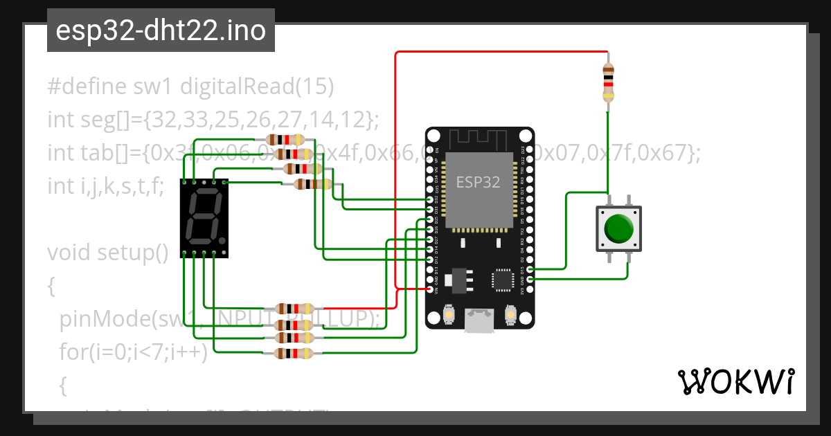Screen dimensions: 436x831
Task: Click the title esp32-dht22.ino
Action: click(x=161, y=31)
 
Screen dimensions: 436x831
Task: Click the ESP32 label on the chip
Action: click(x=479, y=182)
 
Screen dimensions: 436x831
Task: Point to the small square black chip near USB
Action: click(x=501, y=279)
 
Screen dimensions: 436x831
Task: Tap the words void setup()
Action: click(x=108, y=253)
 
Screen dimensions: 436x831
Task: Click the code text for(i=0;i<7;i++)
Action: click(x=133, y=352)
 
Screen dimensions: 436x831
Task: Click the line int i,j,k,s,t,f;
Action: click(x=105, y=186)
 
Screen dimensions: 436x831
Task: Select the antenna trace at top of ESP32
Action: click(x=479, y=138)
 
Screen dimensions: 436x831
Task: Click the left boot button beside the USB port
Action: click(x=449, y=314)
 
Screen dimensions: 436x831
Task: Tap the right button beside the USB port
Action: click(x=511, y=314)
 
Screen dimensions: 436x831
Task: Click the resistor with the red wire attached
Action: click(x=296, y=309)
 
